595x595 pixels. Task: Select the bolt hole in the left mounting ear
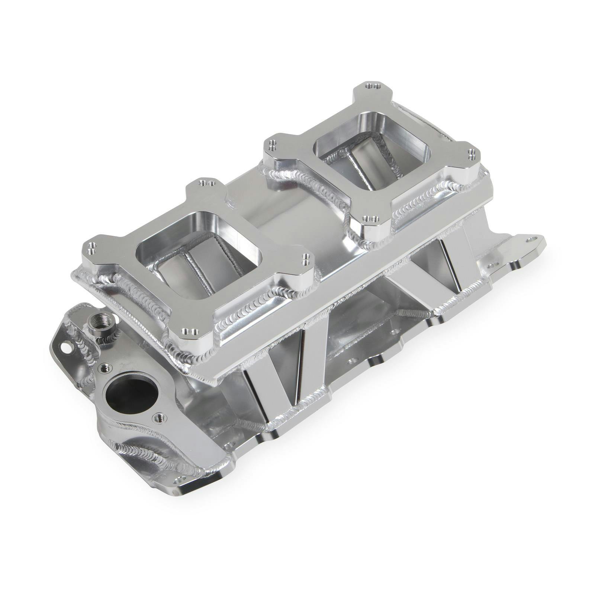pos(66,348)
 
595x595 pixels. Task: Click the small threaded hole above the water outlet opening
pos(106,368)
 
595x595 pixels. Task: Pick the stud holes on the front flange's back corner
pos(207,183)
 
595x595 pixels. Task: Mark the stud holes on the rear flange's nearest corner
pos(371,219)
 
